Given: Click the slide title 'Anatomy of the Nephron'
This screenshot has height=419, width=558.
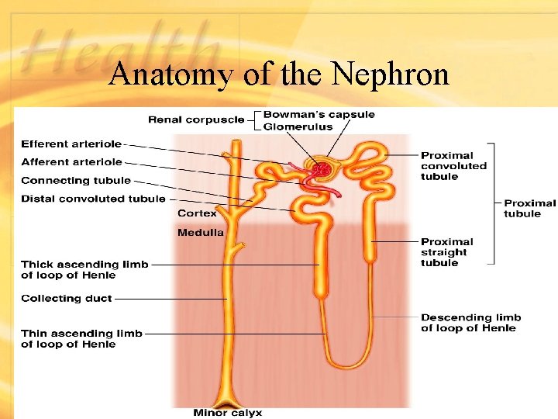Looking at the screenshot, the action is point(279,74).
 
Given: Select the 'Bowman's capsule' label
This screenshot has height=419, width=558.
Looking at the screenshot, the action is point(319,115).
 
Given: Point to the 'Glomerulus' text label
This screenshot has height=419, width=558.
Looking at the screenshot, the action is point(298,126).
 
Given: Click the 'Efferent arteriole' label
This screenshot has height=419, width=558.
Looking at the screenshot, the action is point(71,144).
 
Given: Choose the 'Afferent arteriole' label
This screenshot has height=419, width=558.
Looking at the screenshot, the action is point(71,161).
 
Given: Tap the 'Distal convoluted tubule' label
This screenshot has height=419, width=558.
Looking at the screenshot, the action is point(93,199).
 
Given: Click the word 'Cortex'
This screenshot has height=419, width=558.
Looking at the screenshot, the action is point(197,213).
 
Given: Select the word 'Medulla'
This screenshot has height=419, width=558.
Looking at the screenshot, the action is point(200,232).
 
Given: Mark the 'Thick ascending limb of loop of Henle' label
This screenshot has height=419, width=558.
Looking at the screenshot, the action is point(84,269).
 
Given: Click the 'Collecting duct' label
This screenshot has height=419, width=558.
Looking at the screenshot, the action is point(67,298).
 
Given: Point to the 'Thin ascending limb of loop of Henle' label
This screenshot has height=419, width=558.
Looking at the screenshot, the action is point(81,338).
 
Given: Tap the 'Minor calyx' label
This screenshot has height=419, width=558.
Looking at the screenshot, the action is point(228,412).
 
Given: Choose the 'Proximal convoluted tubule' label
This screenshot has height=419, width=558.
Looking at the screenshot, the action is point(453,166).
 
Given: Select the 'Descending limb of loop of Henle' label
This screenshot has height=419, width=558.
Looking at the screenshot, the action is point(470,322).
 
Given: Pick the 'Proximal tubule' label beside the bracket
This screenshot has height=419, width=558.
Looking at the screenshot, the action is point(529,208).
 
